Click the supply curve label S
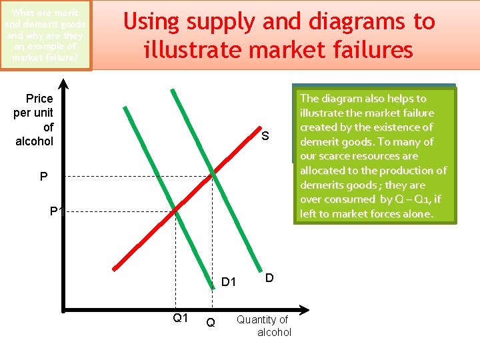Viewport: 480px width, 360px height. [x=265, y=137]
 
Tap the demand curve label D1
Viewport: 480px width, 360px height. [x=229, y=282]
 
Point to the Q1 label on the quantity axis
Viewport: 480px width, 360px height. [x=180, y=318]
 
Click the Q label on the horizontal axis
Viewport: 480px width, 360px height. [x=211, y=323]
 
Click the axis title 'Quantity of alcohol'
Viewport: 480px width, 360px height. [x=264, y=326]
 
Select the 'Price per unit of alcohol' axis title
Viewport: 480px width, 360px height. [x=34, y=120]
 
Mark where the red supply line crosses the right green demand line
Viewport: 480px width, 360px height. [x=213, y=175]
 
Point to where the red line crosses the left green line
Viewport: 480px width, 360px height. [x=175, y=210]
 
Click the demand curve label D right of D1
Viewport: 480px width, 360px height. [x=268, y=277]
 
